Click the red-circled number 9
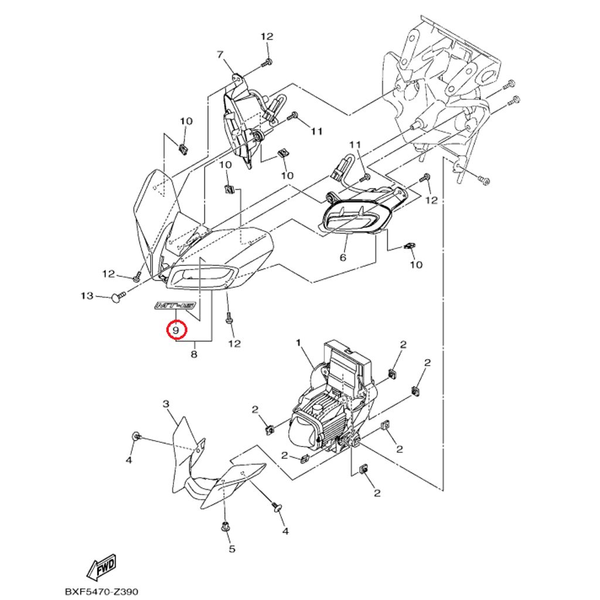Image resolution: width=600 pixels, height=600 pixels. [x=176, y=330]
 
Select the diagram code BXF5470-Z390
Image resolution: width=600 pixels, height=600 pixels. [x=101, y=592]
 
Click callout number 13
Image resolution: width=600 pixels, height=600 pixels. [x=87, y=296]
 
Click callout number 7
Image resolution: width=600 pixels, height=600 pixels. [x=220, y=55]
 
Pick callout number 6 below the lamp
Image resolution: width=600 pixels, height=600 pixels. [x=343, y=257]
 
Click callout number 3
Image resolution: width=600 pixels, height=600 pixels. [x=166, y=404]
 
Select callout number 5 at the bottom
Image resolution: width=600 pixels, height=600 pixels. [x=231, y=549]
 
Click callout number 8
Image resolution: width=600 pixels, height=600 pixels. [x=194, y=354]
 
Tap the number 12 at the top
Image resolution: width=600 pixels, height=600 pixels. [x=267, y=36]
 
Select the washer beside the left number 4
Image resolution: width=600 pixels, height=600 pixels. [x=137, y=436]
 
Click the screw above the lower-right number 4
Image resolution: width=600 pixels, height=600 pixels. [x=275, y=506]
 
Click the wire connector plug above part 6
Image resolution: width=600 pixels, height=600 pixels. [x=339, y=170]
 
